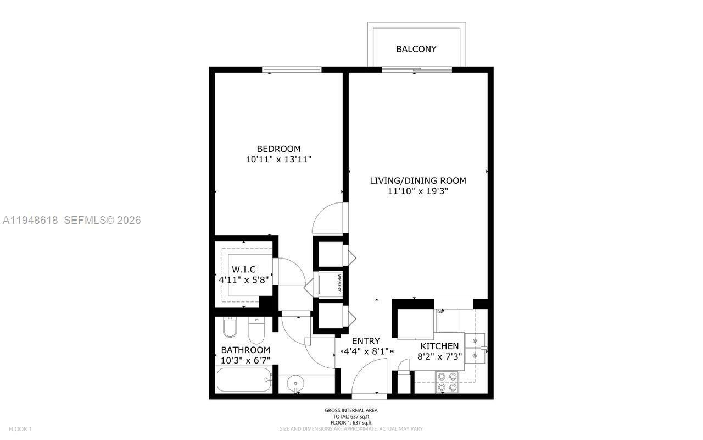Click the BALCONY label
[416, 49]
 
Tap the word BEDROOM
[279, 148]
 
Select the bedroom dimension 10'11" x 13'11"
[283, 159]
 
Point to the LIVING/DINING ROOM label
[418, 180]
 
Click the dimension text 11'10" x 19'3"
[418, 191]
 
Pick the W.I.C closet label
[244, 269]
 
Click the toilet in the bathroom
[256, 330]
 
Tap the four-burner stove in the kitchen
[447, 382]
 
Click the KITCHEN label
[439, 346]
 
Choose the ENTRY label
[366, 341]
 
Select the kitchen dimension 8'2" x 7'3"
[439, 356]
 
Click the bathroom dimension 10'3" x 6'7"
[246, 360]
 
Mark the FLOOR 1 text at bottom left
[20, 429]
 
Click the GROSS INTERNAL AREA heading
[351, 410]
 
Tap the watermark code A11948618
[31, 220]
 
